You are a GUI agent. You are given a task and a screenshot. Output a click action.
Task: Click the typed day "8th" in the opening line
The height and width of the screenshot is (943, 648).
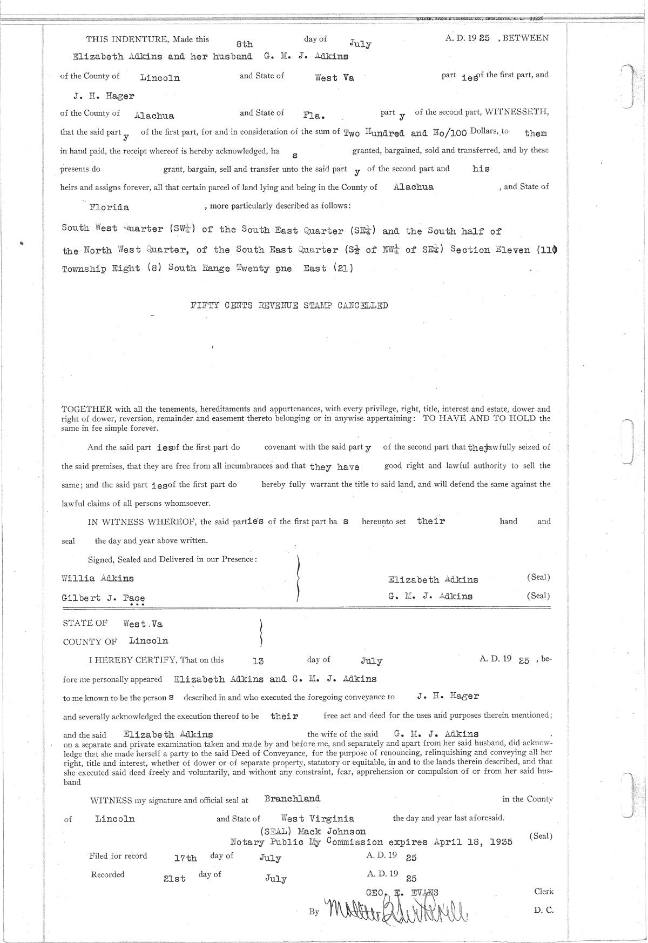point(245,45)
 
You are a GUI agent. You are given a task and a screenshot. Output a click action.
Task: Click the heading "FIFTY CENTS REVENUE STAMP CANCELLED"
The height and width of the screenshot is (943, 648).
point(289,305)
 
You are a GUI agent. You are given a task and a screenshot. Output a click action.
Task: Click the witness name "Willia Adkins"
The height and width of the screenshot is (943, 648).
point(98,578)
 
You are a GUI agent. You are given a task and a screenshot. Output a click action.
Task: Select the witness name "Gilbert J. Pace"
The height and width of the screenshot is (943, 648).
point(103,598)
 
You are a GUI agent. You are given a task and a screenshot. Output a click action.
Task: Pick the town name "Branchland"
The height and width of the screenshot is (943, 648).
point(292,799)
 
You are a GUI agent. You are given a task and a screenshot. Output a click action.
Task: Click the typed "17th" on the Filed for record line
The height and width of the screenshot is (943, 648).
point(185,858)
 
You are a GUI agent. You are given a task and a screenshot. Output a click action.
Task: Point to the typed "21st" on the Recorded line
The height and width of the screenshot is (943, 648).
point(174,879)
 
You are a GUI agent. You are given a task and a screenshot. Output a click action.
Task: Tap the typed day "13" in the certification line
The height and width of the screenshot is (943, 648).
point(258,660)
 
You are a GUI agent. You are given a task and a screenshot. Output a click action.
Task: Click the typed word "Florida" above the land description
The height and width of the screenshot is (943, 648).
point(109,208)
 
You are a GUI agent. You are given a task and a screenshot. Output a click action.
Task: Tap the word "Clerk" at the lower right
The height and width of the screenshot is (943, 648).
point(543,891)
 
